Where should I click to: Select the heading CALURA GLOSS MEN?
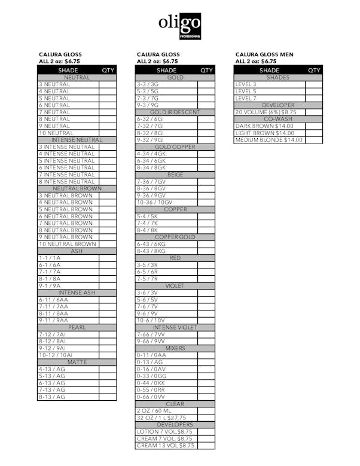click(264, 54)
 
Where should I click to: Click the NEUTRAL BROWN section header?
click(77, 188)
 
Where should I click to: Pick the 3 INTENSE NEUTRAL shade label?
click(66, 147)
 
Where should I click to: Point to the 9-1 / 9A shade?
click(50, 286)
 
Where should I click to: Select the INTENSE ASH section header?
click(77, 293)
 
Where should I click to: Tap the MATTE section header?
click(77, 362)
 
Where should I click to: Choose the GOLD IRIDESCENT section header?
click(175, 112)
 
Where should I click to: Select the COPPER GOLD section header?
click(175, 237)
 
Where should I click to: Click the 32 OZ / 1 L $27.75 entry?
click(161, 418)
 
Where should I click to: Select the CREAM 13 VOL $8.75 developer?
click(166, 446)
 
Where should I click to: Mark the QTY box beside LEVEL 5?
click(313, 92)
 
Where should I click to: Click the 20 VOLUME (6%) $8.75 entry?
click(266, 112)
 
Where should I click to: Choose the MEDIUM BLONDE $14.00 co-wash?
click(269, 140)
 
